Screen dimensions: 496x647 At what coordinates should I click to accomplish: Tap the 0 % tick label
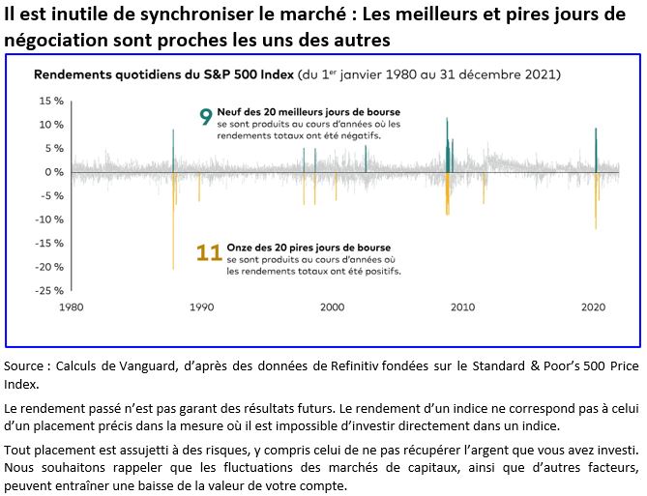[52, 172]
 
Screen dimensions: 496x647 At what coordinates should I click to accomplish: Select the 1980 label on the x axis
[71, 307]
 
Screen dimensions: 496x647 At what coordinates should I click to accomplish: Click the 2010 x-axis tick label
[463, 307]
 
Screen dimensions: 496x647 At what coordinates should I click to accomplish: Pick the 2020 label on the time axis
[594, 307]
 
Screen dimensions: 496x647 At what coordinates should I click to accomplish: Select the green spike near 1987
[173, 150]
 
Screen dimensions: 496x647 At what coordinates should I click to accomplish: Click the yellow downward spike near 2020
[596, 203]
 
